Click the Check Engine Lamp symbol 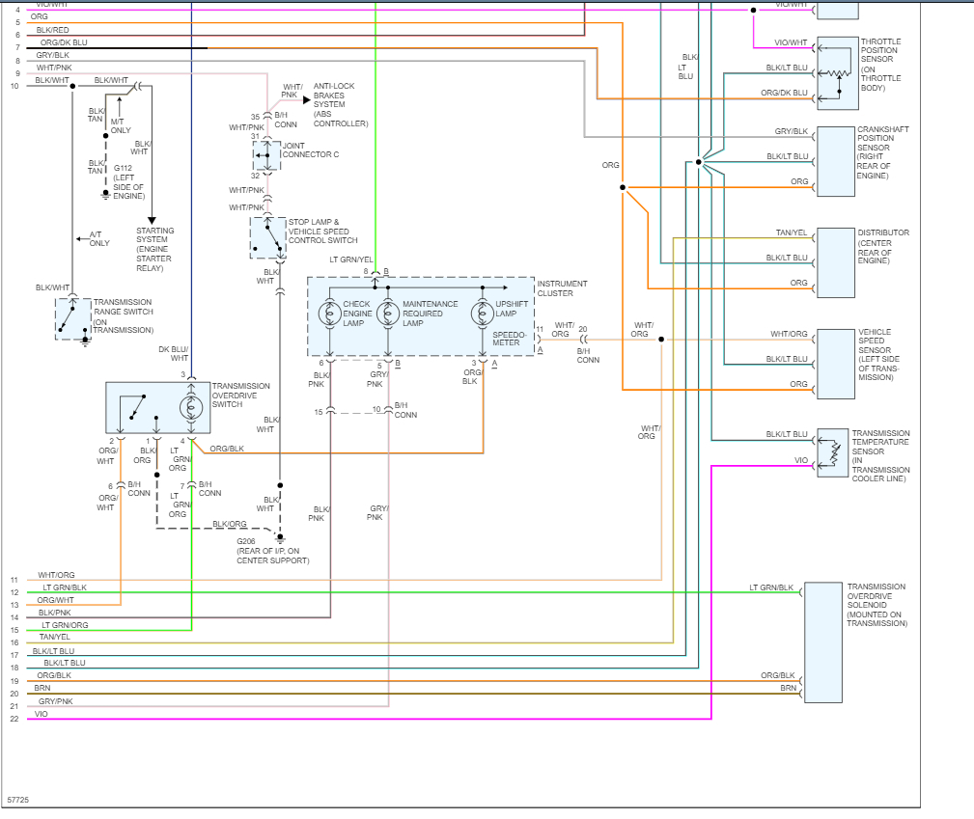point(330,314)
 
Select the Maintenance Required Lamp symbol point(388,314)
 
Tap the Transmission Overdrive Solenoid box point(822,642)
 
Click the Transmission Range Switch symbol point(72,318)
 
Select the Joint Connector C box point(267,155)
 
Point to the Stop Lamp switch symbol point(267,237)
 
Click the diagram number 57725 point(17,801)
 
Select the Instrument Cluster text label point(562,288)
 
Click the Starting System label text point(154,249)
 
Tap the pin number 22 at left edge point(14,719)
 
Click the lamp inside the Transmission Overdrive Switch point(191,406)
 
